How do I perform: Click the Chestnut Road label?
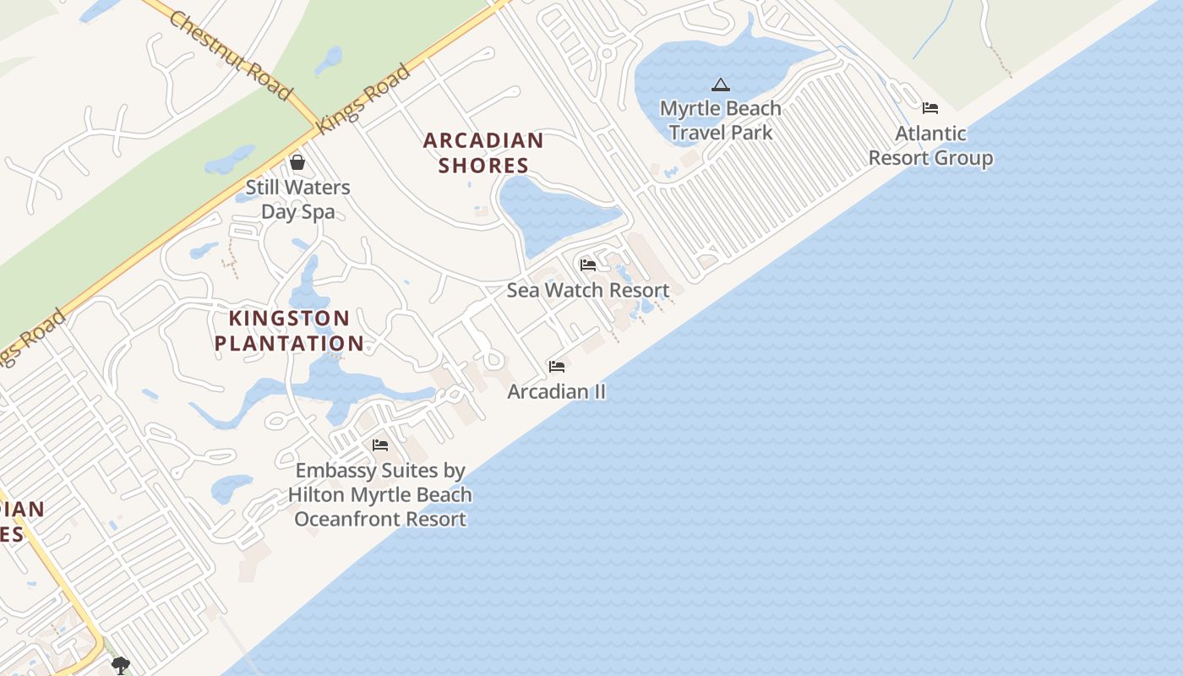[230, 55]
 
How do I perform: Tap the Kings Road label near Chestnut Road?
[363, 99]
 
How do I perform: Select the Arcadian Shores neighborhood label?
[483, 152]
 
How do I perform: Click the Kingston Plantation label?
[289, 330]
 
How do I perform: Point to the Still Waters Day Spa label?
[297, 199]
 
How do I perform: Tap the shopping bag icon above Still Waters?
[297, 162]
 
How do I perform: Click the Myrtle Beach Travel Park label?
[721, 120]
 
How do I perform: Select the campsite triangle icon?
[720, 84]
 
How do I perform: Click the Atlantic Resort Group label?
[930, 145]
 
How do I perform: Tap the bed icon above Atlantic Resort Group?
[930, 108]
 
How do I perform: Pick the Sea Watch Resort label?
[588, 290]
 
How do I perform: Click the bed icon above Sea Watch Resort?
[588, 265]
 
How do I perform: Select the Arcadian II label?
[556, 391]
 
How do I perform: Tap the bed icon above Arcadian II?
[557, 367]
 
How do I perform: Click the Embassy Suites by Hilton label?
[380, 494]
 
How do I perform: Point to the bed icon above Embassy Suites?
[380, 445]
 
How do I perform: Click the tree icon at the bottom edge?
[121, 666]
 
